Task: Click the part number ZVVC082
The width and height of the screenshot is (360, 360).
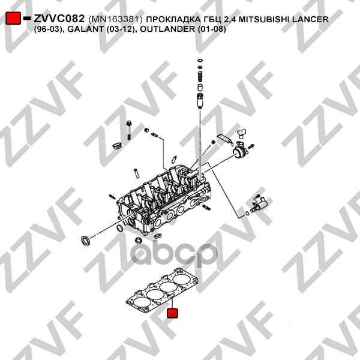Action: coord(59,19)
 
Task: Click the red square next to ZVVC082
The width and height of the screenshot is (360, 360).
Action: coord(13,19)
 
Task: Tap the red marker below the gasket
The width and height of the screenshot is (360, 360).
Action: coord(172,313)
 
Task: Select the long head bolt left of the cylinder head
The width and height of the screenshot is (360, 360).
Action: coord(129,129)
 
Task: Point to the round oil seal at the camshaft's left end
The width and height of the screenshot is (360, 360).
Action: coord(87,241)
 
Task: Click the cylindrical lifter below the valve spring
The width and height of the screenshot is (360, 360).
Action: coord(199,98)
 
